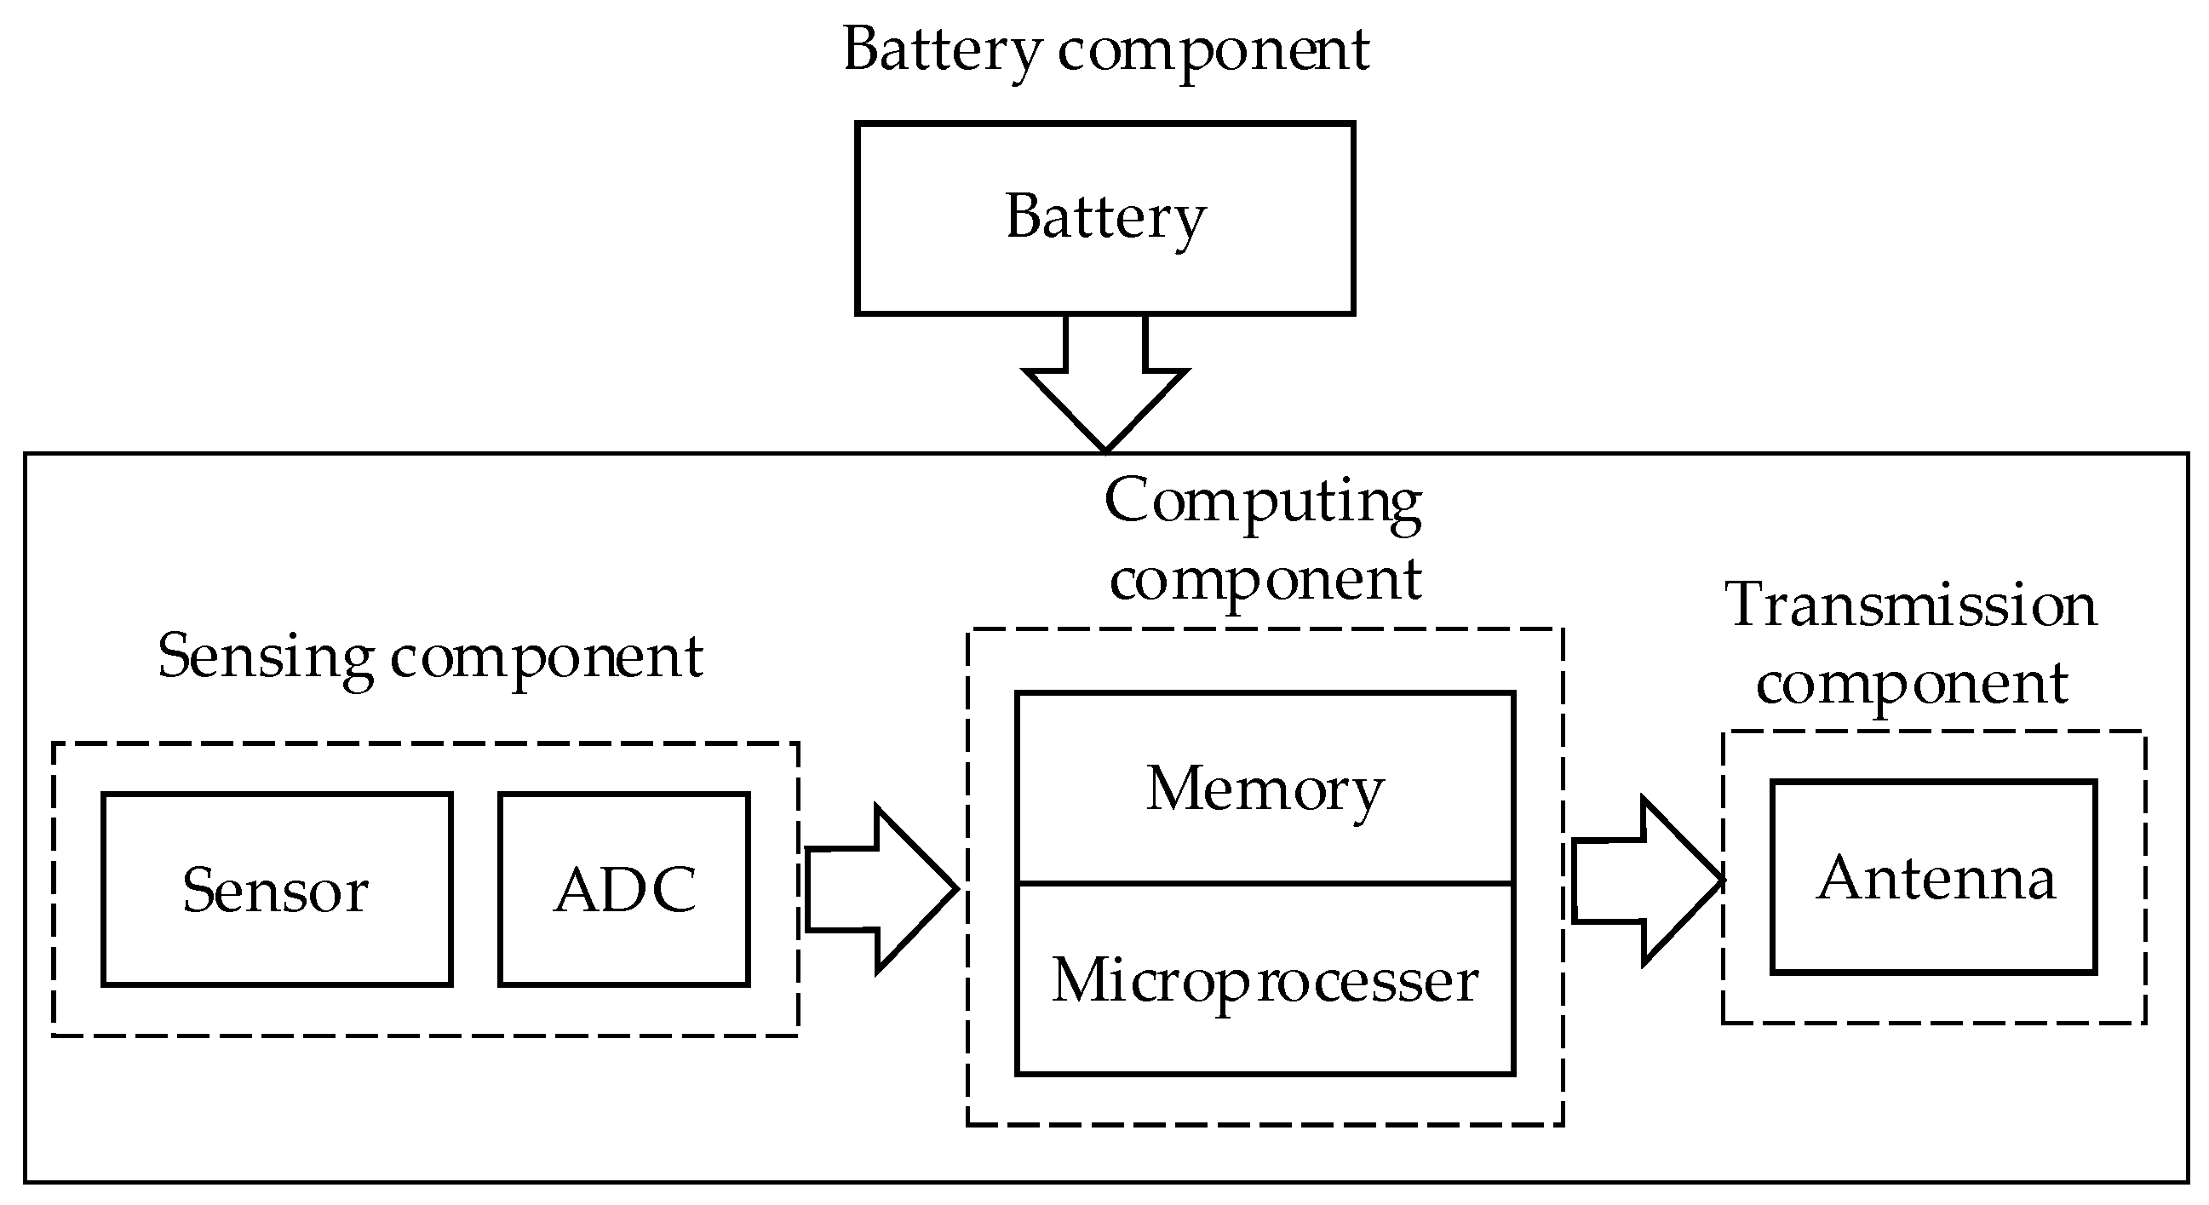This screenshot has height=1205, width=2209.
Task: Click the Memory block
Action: click(x=1265, y=789)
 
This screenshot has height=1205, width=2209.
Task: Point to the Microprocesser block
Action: click(x=1265, y=980)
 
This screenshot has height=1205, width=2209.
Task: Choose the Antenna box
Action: click(x=1934, y=877)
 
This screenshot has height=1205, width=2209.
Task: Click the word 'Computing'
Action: click(x=1263, y=502)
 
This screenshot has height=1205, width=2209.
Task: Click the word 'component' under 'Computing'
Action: click(x=1265, y=581)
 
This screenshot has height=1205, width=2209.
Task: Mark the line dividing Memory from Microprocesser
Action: click(x=1265, y=882)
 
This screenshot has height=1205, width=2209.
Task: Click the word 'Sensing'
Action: click(x=266, y=657)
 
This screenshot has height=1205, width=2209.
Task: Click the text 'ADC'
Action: click(x=624, y=889)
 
